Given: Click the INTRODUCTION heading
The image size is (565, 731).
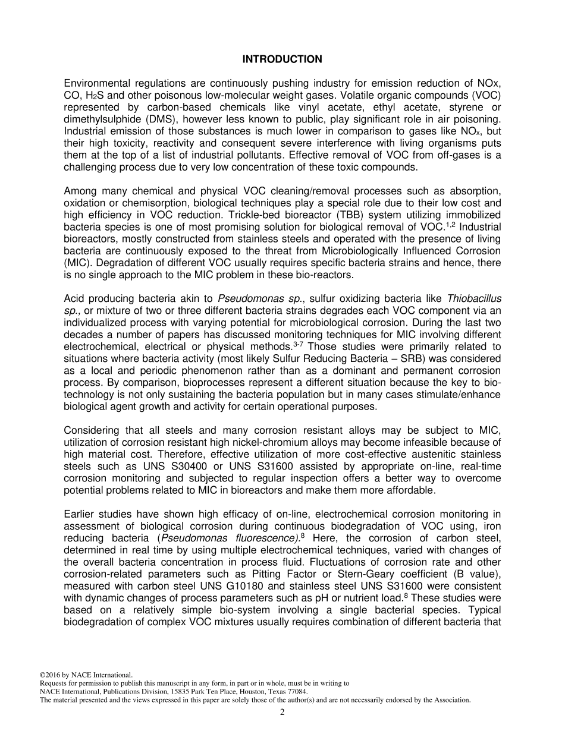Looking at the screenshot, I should point(282,59).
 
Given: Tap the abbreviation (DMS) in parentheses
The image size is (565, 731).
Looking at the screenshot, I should point(154,119).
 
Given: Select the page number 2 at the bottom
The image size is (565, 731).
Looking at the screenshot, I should point(282,713).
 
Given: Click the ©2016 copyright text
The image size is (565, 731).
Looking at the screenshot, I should point(56,675).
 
